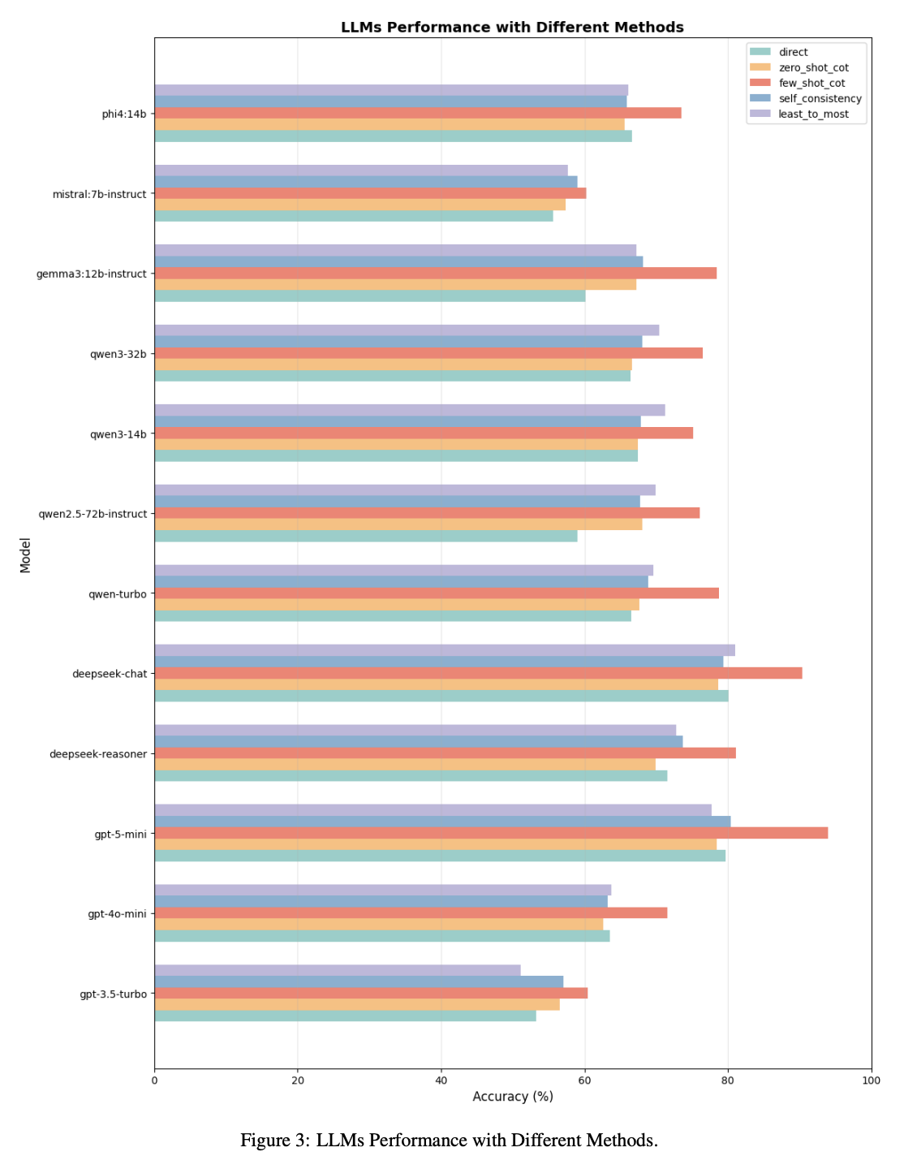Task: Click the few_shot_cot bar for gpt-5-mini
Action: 491,833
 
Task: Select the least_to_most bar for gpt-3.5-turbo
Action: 338,970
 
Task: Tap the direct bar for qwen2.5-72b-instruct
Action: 366,536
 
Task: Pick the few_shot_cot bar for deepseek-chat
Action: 478,673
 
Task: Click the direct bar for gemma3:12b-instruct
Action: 370,296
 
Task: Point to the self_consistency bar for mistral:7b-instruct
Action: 366,182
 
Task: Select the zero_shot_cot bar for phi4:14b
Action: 390,124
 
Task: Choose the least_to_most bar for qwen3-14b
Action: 410,410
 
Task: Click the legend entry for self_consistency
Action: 820,98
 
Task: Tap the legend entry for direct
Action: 793,52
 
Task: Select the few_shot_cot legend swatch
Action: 760,83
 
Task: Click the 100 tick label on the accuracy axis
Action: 871,1081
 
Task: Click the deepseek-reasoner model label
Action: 98,754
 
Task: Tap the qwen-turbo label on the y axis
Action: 118,594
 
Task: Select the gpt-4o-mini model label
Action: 117,914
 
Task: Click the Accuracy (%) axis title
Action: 513,1097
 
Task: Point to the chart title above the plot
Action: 512,28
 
